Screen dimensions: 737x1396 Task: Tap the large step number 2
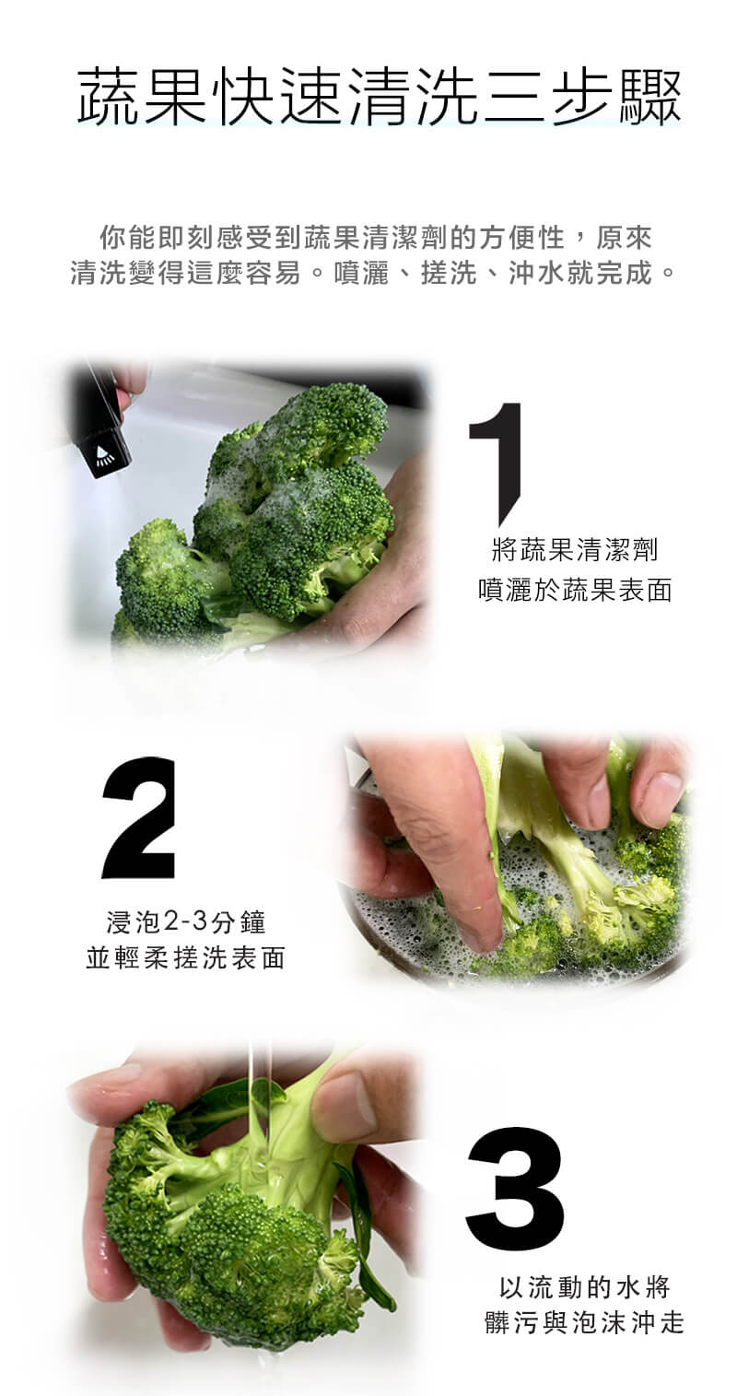tap(138, 817)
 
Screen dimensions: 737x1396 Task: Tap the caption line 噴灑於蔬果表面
tap(575, 590)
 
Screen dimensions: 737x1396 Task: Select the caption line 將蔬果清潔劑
tap(574, 550)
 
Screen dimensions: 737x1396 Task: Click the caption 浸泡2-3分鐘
tap(186, 922)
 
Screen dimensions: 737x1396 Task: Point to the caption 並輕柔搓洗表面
tap(186, 958)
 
